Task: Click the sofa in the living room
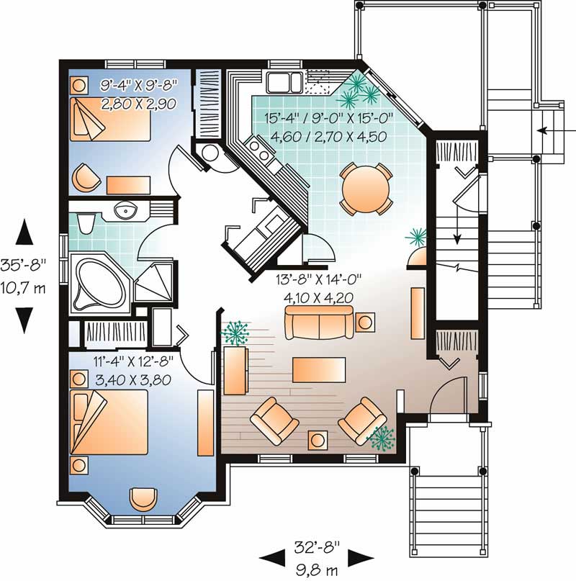tap(319, 322)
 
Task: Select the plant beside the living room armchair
tap(382, 437)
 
